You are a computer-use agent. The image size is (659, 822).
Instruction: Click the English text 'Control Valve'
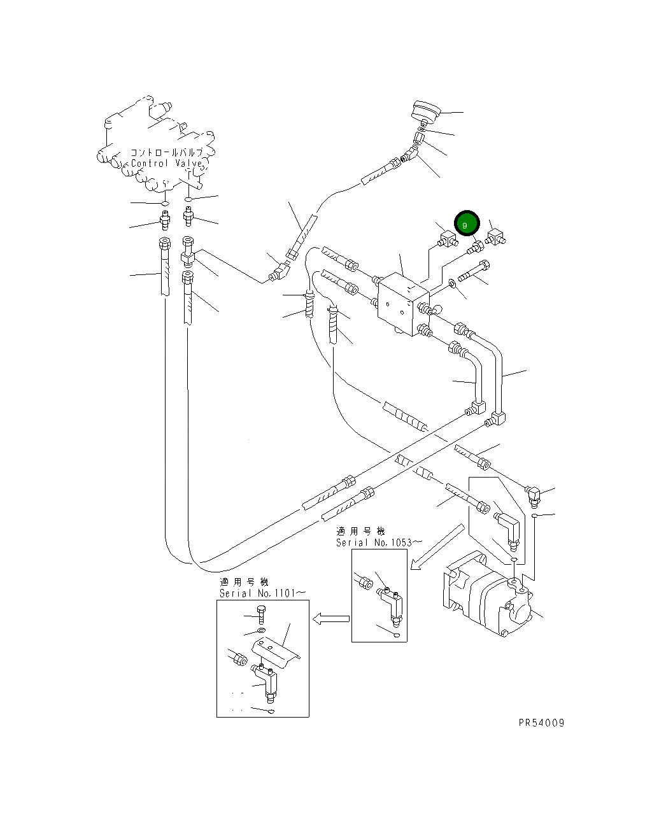click(x=167, y=164)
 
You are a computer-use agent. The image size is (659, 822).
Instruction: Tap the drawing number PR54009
click(x=541, y=723)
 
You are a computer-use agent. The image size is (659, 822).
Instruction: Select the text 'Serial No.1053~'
click(x=379, y=542)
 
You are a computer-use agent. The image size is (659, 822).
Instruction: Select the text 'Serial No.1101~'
click(x=262, y=593)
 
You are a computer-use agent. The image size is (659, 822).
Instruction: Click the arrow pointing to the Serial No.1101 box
click(x=330, y=618)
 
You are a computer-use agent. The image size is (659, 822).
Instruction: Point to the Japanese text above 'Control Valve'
click(x=167, y=153)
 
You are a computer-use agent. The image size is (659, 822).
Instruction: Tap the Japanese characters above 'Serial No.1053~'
click(x=361, y=531)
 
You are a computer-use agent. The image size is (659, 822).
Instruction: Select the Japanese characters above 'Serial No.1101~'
click(x=244, y=582)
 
